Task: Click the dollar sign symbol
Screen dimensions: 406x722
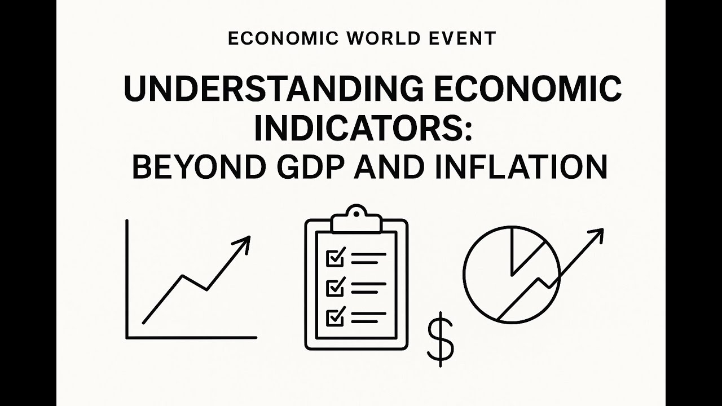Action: (x=440, y=339)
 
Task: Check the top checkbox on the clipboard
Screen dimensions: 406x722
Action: (x=335, y=259)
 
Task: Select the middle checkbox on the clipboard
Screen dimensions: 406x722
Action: (x=335, y=288)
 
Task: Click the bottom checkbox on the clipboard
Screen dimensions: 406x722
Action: (x=335, y=317)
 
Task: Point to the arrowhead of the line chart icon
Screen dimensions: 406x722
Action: (x=244, y=242)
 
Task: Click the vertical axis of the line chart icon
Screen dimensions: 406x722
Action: (x=127, y=279)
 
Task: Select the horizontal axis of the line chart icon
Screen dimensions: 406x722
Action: (x=192, y=338)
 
